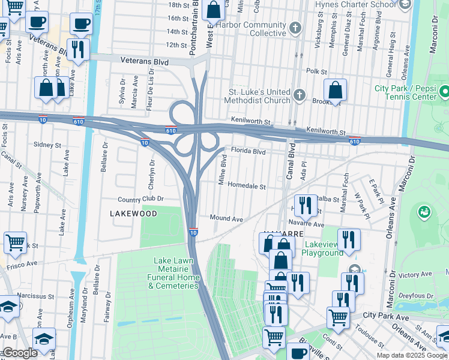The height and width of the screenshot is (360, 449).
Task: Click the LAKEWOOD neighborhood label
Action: (x=133, y=214)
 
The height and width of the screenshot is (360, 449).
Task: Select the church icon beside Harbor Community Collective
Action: (x=295, y=28)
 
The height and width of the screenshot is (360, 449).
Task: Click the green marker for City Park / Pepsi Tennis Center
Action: (x=444, y=92)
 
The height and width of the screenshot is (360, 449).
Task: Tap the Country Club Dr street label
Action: (x=141, y=199)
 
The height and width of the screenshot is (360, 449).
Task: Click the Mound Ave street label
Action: (x=226, y=219)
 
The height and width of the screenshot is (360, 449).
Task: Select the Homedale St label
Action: (x=247, y=187)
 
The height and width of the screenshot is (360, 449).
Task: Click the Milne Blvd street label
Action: (x=223, y=170)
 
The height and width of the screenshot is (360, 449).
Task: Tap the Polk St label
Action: (x=316, y=71)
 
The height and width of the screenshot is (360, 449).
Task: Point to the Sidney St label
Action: (x=47, y=145)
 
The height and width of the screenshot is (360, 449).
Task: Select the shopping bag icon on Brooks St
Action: (x=336, y=91)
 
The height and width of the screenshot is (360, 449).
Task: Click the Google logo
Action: (x=19, y=353)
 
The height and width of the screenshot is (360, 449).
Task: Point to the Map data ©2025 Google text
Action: (x=411, y=355)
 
